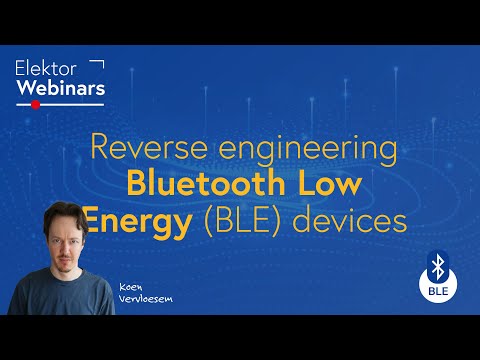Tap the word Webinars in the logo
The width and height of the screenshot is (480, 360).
pos(60,87)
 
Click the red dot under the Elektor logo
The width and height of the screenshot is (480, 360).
pos(36,103)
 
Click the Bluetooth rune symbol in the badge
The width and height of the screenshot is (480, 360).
pos(436,266)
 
